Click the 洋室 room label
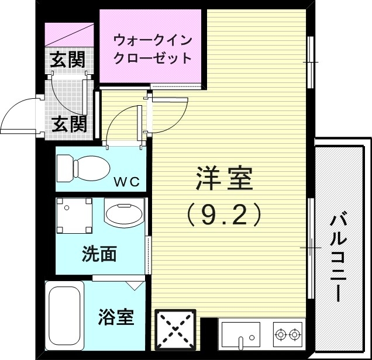point(224,179)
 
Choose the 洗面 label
point(99,254)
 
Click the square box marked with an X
point(175,330)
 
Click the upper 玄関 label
point(67,59)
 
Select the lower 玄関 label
point(69,123)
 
